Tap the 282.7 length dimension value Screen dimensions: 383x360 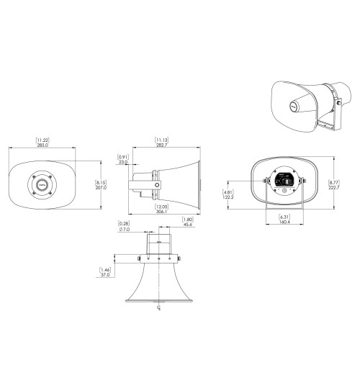point(162,145)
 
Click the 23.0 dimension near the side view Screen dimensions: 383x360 point(124,163)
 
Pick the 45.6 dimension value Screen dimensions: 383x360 point(189,225)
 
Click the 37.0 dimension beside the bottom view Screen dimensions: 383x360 point(105,274)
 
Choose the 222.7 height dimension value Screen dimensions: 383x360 point(332,187)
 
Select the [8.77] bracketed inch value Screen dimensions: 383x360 point(332,181)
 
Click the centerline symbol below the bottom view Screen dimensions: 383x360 point(158,310)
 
